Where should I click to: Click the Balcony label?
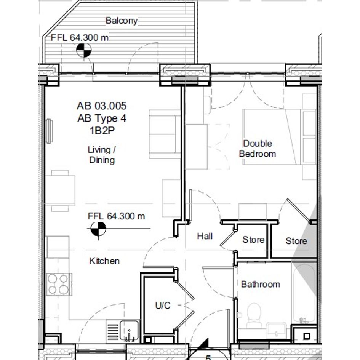coord(122,21)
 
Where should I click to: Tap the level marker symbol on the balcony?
coord(84,50)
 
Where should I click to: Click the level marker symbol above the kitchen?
coord(98,229)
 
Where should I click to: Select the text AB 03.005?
coord(102,106)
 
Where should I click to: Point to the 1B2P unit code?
coord(102,131)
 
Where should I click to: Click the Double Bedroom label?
coord(258,149)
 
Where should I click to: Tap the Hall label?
coord(205,236)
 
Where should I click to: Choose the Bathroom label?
coord(261,284)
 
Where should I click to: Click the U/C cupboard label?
coord(163,306)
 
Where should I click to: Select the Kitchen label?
coord(104,261)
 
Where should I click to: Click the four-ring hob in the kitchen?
coord(59,285)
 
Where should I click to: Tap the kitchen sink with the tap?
coord(129,331)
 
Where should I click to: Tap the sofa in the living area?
coord(165,134)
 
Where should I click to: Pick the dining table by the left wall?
coord(60,190)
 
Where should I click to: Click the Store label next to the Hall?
coord(253,240)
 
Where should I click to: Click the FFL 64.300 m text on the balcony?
coord(80,37)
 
